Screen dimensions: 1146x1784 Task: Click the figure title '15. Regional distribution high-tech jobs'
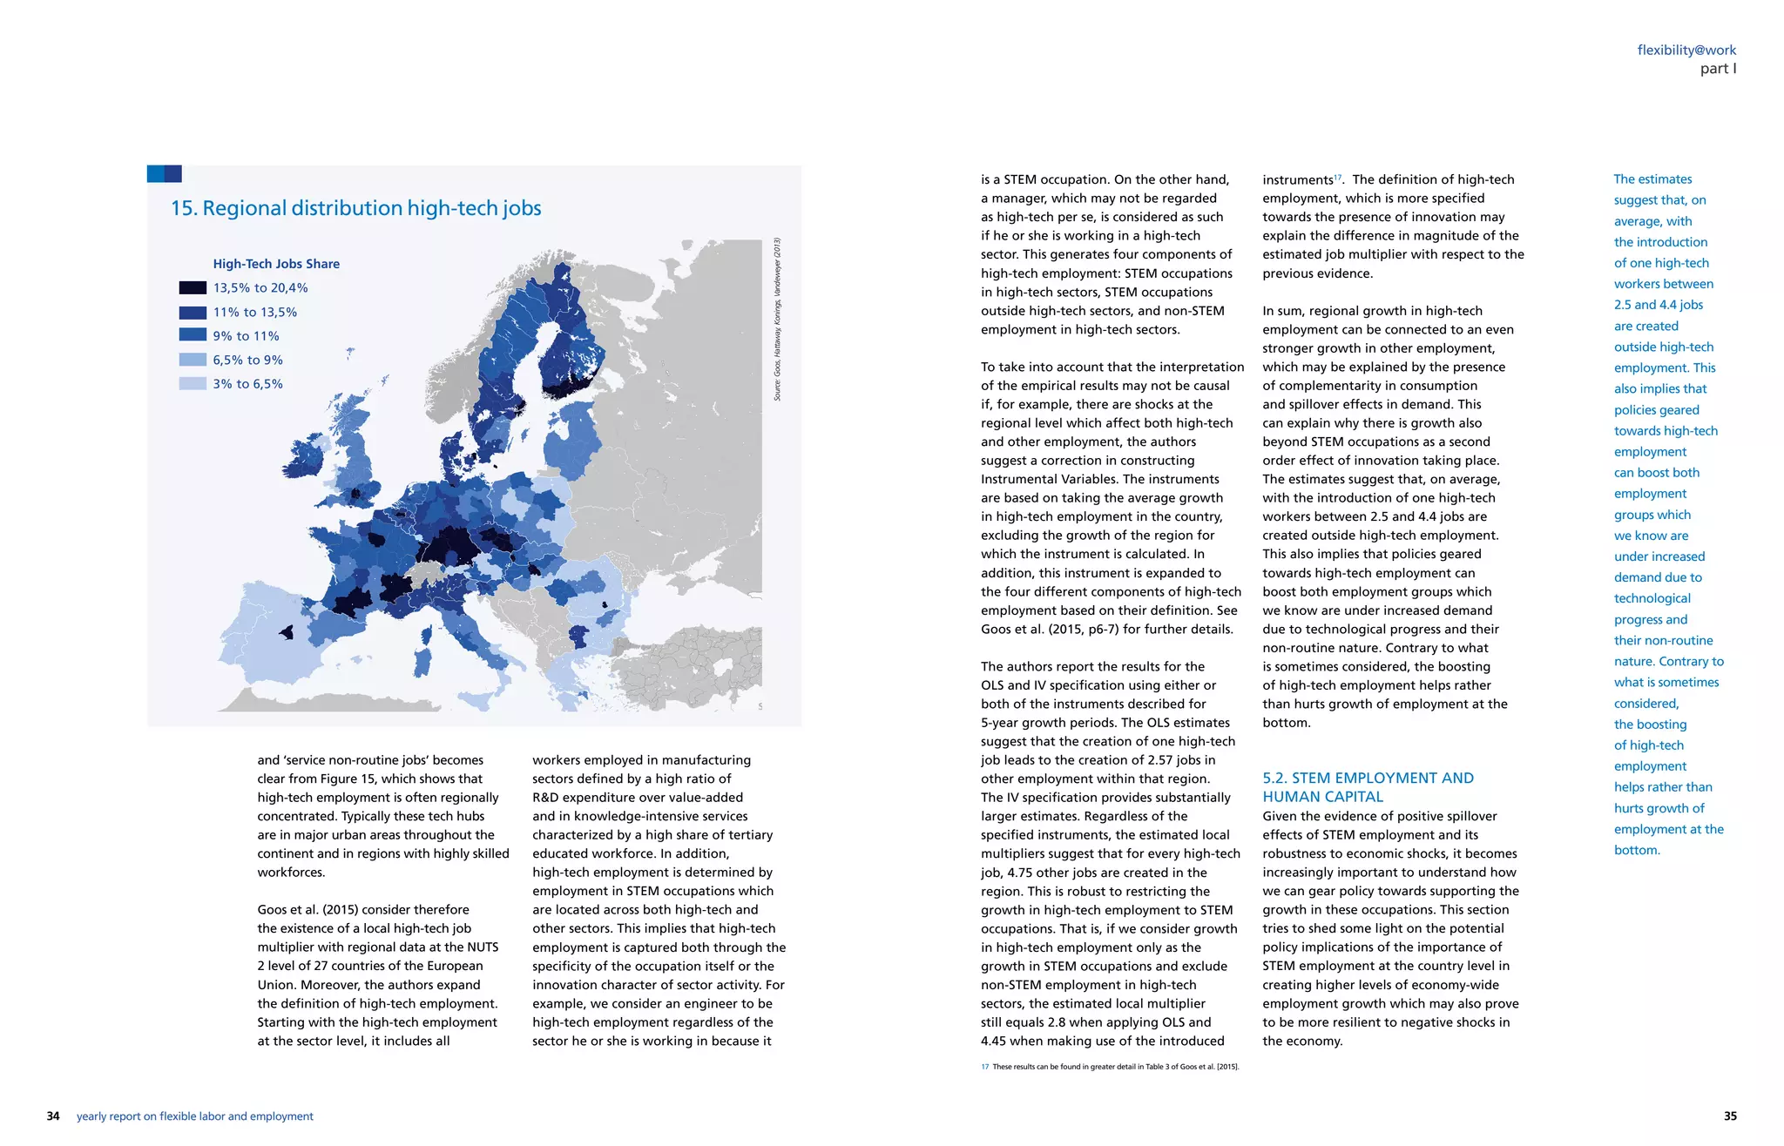(355, 208)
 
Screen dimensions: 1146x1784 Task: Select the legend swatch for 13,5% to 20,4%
(193, 288)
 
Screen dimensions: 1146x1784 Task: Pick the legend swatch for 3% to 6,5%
(193, 384)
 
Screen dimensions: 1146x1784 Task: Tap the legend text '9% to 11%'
(246, 336)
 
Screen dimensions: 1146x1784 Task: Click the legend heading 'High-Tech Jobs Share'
(276, 264)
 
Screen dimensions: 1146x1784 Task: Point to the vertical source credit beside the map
(777, 320)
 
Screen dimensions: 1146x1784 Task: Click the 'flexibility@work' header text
(1686, 51)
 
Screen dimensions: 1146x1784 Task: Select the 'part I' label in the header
(1717, 69)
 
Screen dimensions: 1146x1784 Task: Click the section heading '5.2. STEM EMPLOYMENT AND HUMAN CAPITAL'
(1367, 787)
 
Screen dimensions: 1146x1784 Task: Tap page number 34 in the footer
(53, 1116)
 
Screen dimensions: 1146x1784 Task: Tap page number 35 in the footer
(1730, 1116)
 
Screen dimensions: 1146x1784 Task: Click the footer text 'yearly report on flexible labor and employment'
(194, 1116)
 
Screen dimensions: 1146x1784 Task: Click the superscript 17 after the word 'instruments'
(1338, 177)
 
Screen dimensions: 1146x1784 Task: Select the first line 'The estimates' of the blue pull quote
(1652, 179)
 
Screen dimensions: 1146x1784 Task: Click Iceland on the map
(350, 353)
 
